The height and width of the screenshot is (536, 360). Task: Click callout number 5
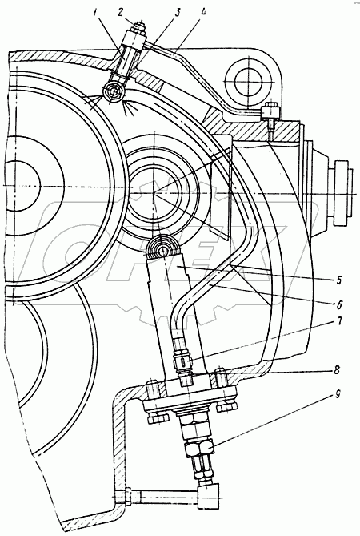click(338, 280)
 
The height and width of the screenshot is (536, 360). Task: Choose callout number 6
click(339, 304)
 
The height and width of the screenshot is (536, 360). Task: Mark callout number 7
click(339, 321)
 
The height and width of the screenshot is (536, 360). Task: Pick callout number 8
click(337, 371)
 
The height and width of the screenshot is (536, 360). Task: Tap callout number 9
click(337, 396)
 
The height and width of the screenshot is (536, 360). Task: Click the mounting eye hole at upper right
click(249, 82)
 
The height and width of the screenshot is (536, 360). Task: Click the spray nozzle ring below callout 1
click(114, 92)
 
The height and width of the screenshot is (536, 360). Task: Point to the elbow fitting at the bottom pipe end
click(210, 494)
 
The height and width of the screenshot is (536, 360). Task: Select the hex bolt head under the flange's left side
click(158, 418)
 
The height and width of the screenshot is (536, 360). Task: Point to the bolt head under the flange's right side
click(226, 406)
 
